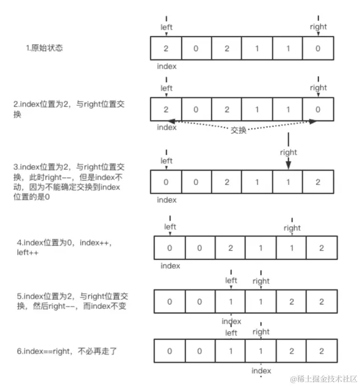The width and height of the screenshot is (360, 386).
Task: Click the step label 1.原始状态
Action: click(x=44, y=48)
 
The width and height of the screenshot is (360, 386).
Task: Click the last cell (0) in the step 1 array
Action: click(x=318, y=48)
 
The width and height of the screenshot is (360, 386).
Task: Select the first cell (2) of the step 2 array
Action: click(x=166, y=109)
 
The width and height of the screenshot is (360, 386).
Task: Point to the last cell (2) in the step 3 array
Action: click(x=318, y=182)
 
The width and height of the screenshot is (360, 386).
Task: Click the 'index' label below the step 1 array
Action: click(x=166, y=66)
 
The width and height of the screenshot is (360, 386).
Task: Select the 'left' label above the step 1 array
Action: click(x=166, y=26)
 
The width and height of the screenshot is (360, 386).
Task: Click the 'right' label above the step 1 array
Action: click(x=318, y=26)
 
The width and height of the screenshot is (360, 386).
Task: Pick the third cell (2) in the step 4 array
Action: click(x=231, y=248)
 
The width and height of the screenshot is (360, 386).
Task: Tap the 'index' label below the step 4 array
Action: click(x=170, y=266)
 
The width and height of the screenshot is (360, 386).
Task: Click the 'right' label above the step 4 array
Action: click(x=292, y=227)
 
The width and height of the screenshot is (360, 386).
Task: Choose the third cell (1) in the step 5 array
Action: click(x=231, y=301)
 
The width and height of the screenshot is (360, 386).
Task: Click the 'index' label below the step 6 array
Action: click(x=261, y=371)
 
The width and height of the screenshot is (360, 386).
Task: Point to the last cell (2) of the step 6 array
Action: click(x=321, y=350)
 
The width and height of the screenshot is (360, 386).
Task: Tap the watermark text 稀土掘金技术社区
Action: click(x=327, y=379)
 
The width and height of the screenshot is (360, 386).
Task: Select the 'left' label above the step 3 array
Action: click(x=166, y=160)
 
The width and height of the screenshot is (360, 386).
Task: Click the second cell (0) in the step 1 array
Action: click(x=196, y=48)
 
